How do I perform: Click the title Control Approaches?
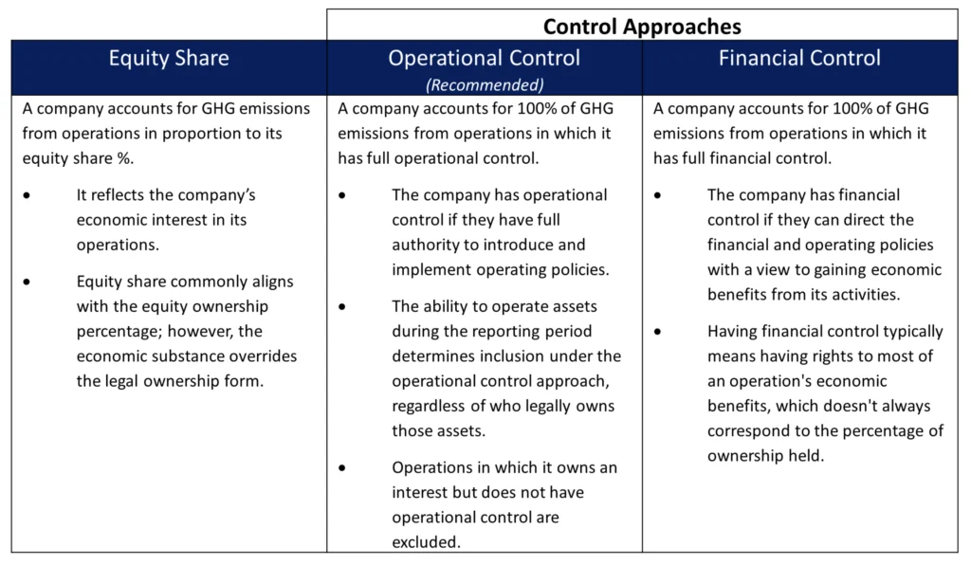[642, 27]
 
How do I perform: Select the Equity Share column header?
[169, 58]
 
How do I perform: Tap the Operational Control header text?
[485, 58]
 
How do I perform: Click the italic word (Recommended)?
[485, 84]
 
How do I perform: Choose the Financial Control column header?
[799, 58]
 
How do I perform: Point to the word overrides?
[264, 356]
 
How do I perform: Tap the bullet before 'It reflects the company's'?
[27, 195]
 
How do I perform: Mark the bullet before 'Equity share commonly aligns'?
[27, 282]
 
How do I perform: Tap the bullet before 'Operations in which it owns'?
[341, 468]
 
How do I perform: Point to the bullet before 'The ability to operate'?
[341, 307]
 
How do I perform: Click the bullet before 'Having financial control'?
[657, 332]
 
